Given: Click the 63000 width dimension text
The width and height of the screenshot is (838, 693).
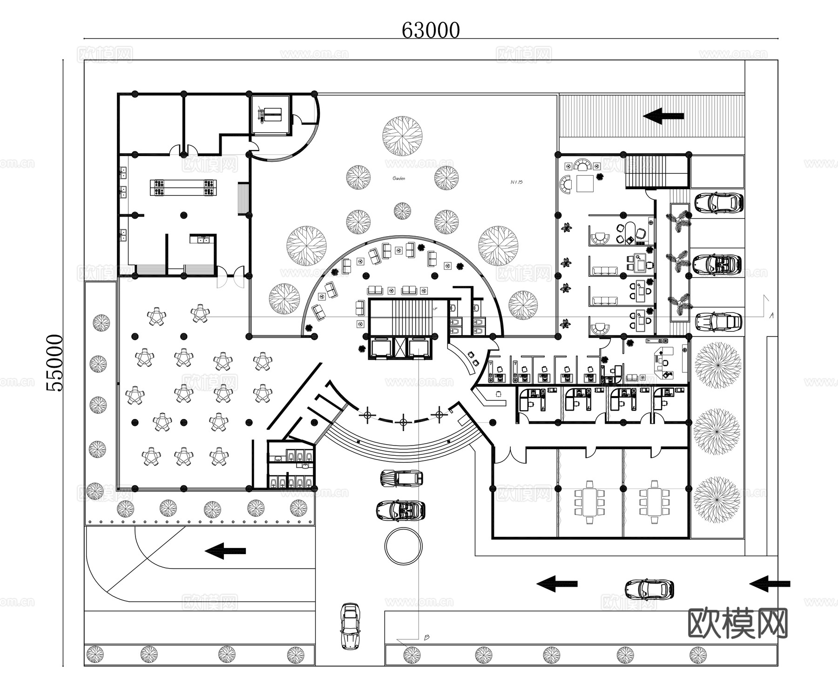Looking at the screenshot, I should pyautogui.click(x=430, y=31).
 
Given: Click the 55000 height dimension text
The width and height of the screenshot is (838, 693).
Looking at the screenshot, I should pyautogui.click(x=55, y=363).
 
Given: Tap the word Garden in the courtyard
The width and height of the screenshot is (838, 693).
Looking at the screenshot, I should pyautogui.click(x=399, y=178).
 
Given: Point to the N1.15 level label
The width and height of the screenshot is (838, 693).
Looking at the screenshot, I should pyautogui.click(x=516, y=182).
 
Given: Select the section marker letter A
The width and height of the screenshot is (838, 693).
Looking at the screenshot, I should pyautogui.click(x=771, y=316).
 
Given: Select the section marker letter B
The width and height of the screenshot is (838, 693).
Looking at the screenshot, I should pyautogui.click(x=426, y=637).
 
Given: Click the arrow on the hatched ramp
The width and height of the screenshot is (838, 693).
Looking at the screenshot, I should pyautogui.click(x=663, y=116).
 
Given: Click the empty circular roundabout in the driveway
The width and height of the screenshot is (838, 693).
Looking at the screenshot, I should pyautogui.click(x=404, y=547).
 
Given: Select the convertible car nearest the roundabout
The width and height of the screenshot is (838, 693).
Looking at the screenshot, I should pyautogui.click(x=400, y=510).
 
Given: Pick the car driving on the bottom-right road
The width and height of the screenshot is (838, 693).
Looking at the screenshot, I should pyautogui.click(x=649, y=589).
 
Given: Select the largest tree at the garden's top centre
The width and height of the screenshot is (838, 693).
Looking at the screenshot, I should pyautogui.click(x=402, y=136).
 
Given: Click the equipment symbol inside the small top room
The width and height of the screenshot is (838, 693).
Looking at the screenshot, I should pyautogui.click(x=270, y=114).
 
